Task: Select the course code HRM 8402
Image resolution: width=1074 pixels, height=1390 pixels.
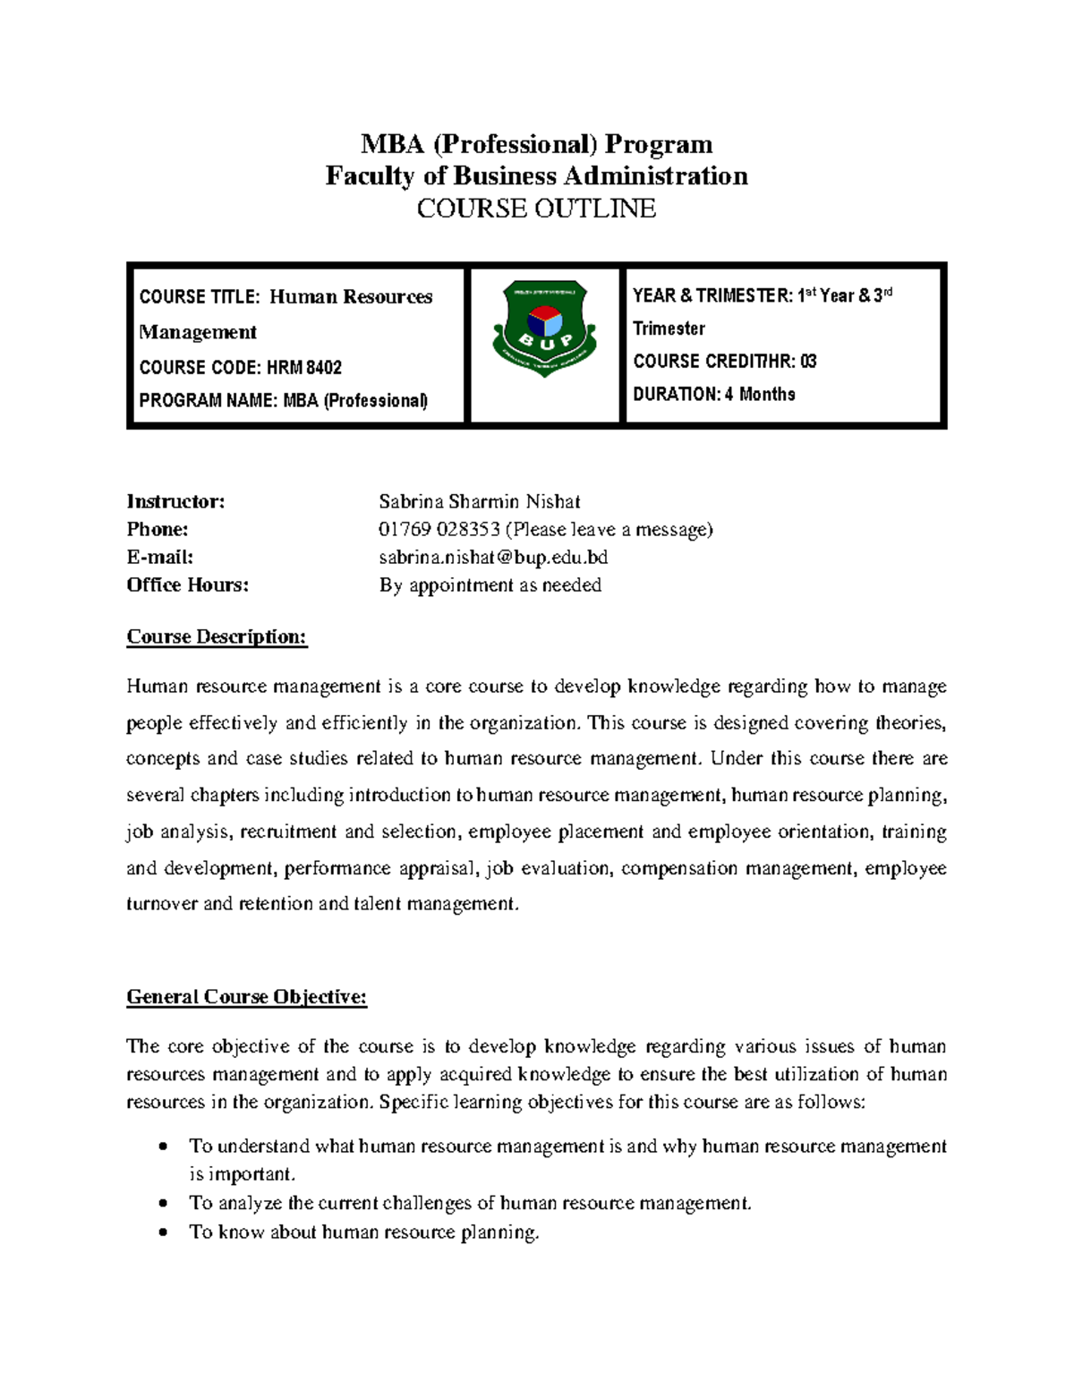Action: pyautogui.click(x=303, y=368)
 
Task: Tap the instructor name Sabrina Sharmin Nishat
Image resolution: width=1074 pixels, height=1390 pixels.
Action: pyautogui.click(x=479, y=501)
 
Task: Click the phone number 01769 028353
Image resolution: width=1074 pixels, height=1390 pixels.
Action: pyautogui.click(x=439, y=530)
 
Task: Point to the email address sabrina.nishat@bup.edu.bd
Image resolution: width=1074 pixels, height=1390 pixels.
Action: pyautogui.click(x=492, y=558)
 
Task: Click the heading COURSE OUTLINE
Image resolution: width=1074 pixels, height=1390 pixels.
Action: pyautogui.click(x=536, y=209)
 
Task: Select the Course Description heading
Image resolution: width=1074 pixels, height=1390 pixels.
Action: pyautogui.click(x=217, y=637)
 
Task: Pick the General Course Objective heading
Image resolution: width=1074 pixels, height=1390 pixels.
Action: pyautogui.click(x=247, y=997)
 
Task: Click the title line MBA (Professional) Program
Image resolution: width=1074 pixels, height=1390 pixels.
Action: pyautogui.click(x=536, y=144)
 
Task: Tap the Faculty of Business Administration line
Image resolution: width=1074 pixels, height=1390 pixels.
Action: pyautogui.click(x=536, y=176)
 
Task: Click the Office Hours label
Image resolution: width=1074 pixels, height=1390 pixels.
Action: pyautogui.click(x=188, y=585)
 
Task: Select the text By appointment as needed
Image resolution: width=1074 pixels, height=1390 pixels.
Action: pyautogui.click(x=490, y=585)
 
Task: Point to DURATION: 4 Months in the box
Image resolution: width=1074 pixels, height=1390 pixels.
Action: pyautogui.click(x=713, y=395)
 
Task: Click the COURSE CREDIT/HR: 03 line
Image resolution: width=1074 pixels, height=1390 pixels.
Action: pyautogui.click(x=724, y=362)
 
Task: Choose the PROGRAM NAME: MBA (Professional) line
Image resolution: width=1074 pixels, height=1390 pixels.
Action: pyautogui.click(x=283, y=401)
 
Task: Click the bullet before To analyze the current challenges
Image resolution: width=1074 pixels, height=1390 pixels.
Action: pyautogui.click(x=162, y=1204)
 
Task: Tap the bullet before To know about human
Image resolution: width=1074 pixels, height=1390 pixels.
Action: pyautogui.click(x=162, y=1232)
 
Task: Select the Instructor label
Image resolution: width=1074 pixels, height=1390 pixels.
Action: pyautogui.click(x=175, y=501)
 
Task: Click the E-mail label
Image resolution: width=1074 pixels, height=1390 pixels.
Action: pyautogui.click(x=160, y=558)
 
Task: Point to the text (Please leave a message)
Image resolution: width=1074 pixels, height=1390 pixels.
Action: pyautogui.click(x=609, y=530)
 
